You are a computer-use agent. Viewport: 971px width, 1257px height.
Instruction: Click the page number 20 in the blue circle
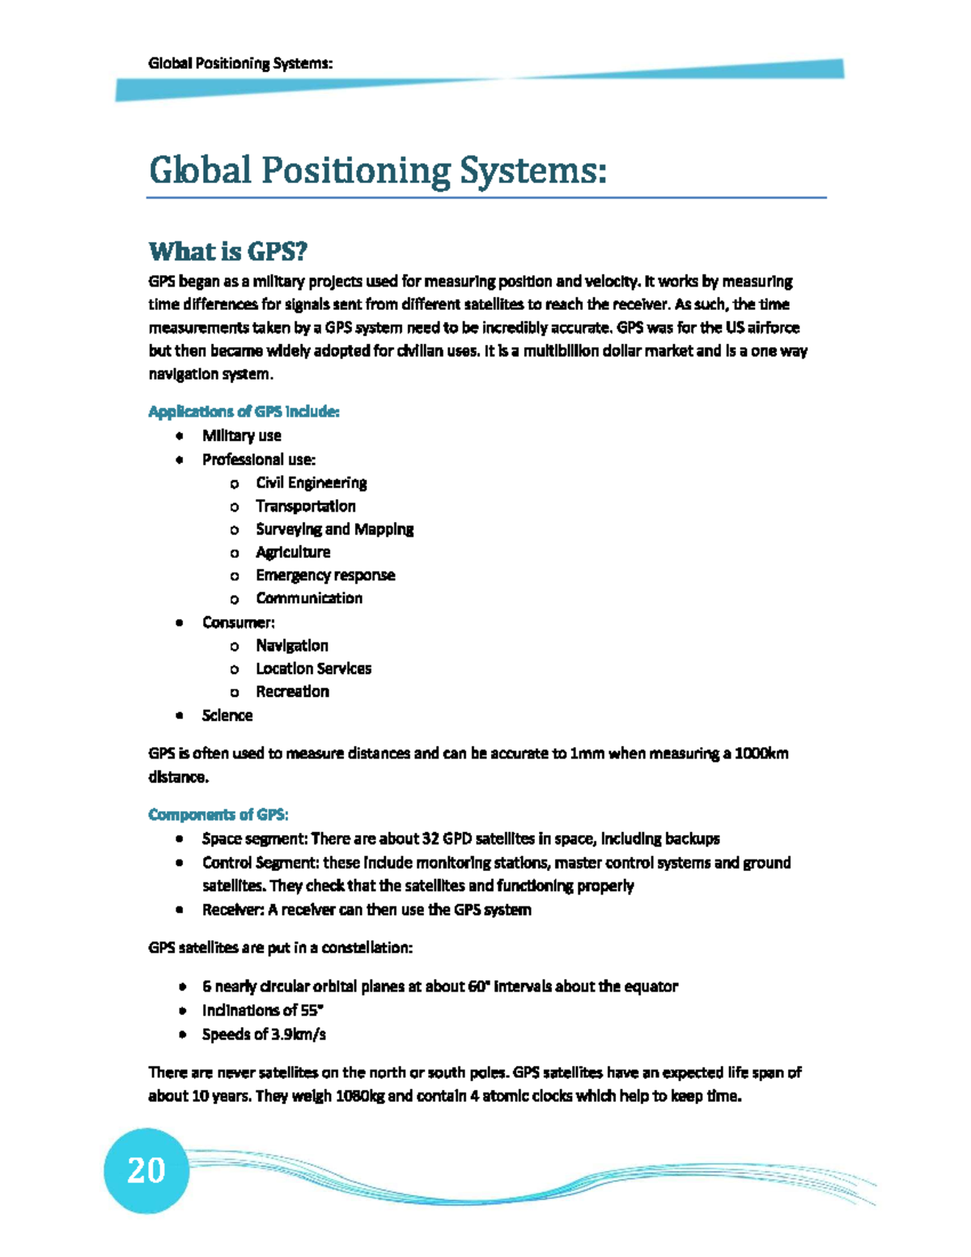pos(146,1170)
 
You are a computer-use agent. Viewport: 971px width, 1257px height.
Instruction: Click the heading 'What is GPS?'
pos(228,252)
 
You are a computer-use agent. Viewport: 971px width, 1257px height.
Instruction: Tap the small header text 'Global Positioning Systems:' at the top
pos(240,64)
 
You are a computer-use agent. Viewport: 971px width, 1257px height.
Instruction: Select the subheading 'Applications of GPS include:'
pos(244,412)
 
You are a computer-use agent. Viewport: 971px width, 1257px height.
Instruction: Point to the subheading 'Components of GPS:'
pos(218,814)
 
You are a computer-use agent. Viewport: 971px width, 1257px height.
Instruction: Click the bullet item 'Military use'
pos(241,435)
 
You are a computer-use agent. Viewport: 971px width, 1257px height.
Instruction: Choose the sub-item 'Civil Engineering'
pos(311,483)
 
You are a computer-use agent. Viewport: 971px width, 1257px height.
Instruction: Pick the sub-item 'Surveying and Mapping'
pos(334,529)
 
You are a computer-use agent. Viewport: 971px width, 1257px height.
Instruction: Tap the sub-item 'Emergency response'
pos(325,575)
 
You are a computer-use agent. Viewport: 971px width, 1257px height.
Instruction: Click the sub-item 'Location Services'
pos(313,669)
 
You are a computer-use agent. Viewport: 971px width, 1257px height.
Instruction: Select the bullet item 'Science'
pos(227,716)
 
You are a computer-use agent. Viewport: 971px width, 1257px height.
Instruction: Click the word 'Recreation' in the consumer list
pos(292,692)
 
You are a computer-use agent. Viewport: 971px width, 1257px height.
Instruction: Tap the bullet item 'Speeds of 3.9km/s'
pos(264,1034)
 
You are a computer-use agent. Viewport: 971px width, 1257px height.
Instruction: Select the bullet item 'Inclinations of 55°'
pos(262,1011)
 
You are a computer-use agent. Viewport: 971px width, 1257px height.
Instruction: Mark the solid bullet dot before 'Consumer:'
pos(180,622)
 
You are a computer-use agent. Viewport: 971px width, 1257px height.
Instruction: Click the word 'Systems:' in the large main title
pos(533,171)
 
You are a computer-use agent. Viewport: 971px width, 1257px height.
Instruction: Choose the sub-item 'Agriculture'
pos(293,553)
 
